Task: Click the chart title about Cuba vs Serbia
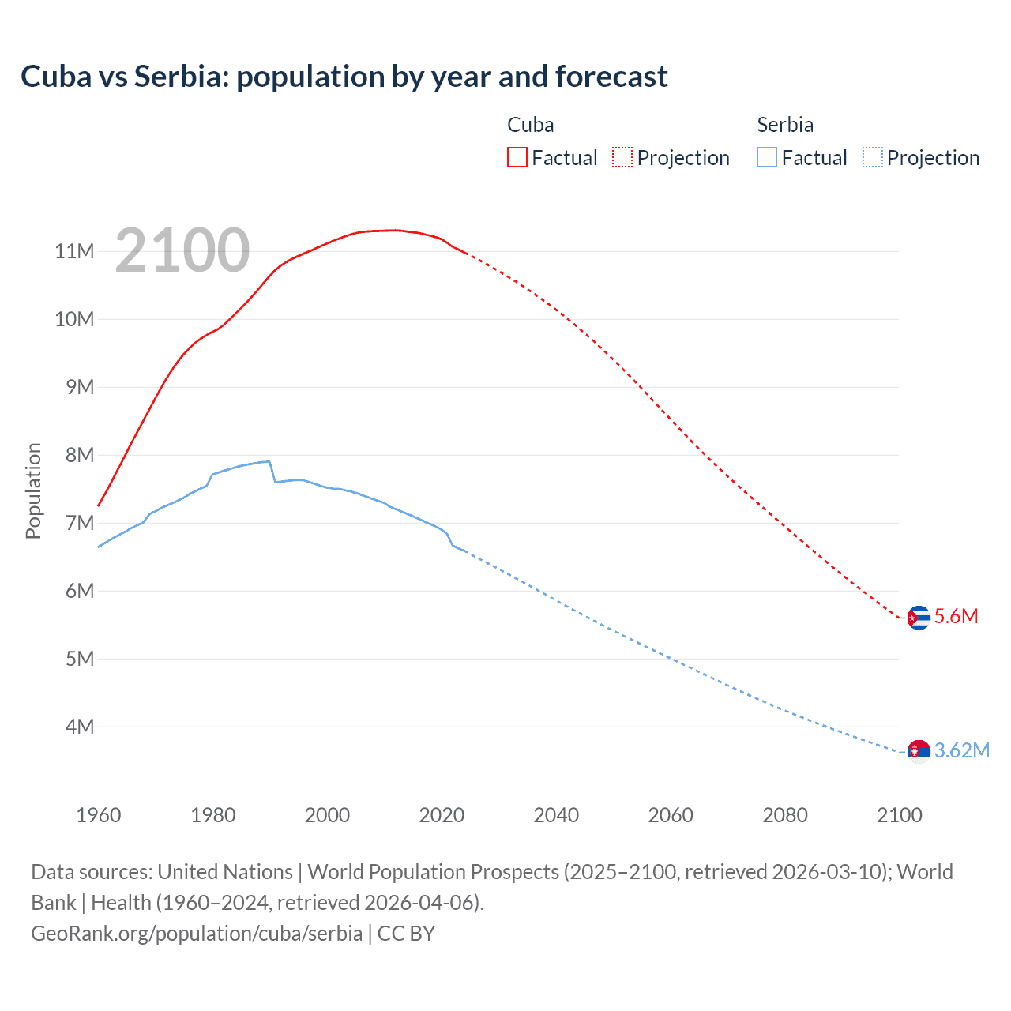tap(344, 77)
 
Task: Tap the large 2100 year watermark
tap(182, 250)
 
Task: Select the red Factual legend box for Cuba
tap(517, 157)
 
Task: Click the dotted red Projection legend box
tap(622, 157)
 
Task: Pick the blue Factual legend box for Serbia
tap(766, 157)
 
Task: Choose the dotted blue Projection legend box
tap(872, 157)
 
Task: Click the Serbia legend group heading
tap(784, 125)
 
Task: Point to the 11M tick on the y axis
tap(74, 251)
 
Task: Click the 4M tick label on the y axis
tap(79, 727)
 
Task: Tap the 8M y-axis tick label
tap(79, 455)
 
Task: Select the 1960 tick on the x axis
tap(99, 815)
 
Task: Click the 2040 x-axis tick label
tap(556, 815)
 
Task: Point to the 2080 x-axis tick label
tap(785, 815)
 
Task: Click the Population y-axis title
tap(33, 490)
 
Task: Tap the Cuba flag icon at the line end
tap(918, 618)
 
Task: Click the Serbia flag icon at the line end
tap(918, 751)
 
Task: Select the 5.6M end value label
tap(956, 617)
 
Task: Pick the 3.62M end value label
tap(961, 750)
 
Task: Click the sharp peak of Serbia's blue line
tap(269, 461)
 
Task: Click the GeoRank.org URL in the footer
tap(197, 934)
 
